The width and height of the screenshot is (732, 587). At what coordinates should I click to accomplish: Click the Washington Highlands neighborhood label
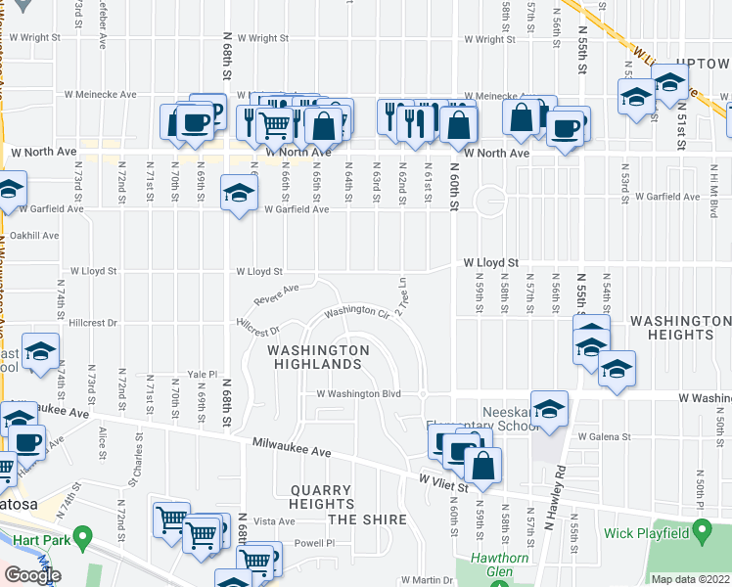pyautogui.click(x=318, y=357)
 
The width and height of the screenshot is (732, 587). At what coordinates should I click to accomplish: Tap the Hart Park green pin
pyautogui.click(x=82, y=537)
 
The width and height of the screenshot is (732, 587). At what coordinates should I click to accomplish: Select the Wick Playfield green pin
pyautogui.click(x=702, y=532)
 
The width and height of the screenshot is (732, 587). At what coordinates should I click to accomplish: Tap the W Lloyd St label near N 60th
pyautogui.click(x=489, y=263)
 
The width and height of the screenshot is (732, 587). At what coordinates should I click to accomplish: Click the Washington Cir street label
pyautogui.click(x=357, y=312)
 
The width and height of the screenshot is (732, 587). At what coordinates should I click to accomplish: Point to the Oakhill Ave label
pyautogui.click(x=35, y=236)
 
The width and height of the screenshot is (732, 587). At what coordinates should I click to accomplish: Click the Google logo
pyautogui.click(x=32, y=576)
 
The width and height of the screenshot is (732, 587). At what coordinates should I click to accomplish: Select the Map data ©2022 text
pyautogui.click(x=690, y=579)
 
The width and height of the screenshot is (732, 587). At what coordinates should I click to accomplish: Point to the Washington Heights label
pyautogui.click(x=680, y=328)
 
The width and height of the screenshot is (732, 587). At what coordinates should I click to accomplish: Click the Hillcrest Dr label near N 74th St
pyautogui.click(x=94, y=322)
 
